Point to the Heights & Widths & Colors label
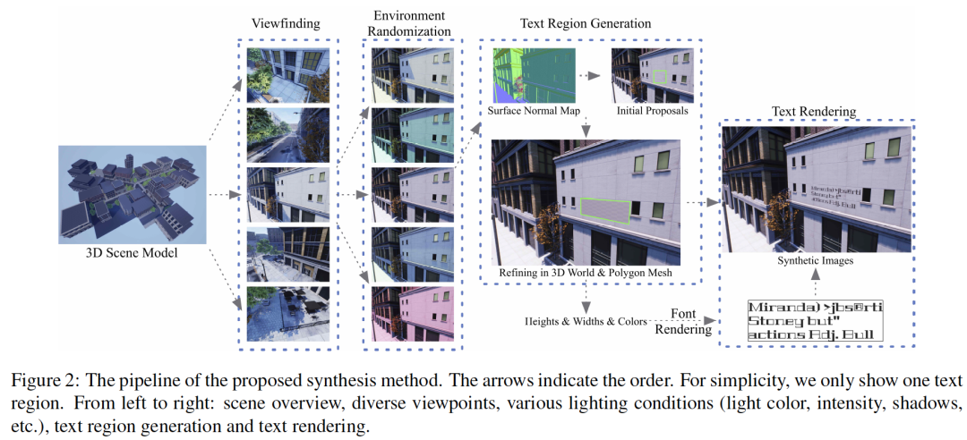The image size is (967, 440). pos(586,320)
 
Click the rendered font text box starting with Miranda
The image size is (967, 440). pos(816,321)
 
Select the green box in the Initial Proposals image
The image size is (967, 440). pos(662,78)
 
